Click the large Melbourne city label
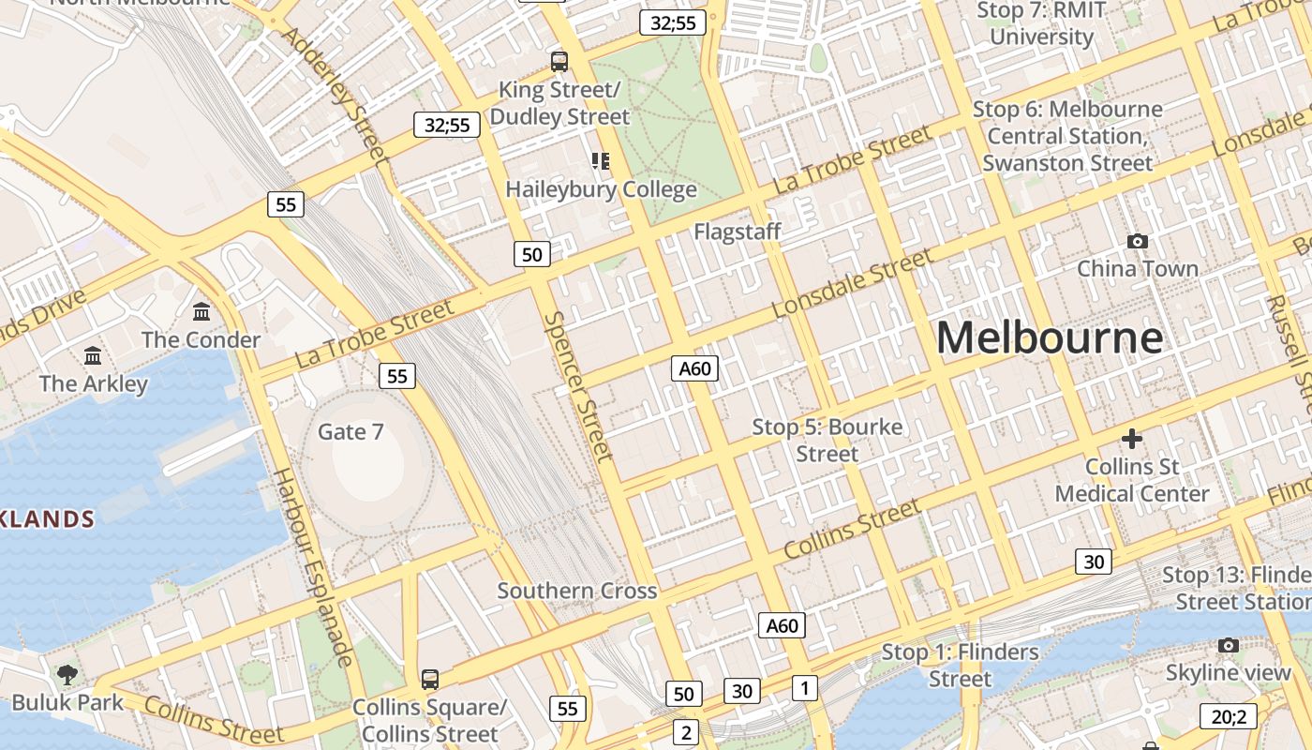[1050, 337]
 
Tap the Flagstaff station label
[738, 231]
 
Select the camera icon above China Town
[1138, 241]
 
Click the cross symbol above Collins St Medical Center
[1132, 438]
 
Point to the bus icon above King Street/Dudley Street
[559, 62]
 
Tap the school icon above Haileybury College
[601, 161]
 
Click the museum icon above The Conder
[201, 311]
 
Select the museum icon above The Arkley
[93, 355]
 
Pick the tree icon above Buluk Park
[67, 674]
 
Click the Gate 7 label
[350, 431]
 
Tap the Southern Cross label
[576, 591]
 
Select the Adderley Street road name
[335, 94]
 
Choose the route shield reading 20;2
[1228, 716]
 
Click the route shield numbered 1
[804, 687]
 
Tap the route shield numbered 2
[686, 732]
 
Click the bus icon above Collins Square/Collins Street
[430, 679]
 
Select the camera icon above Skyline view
[1229, 645]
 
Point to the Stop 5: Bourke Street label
[827, 440]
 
